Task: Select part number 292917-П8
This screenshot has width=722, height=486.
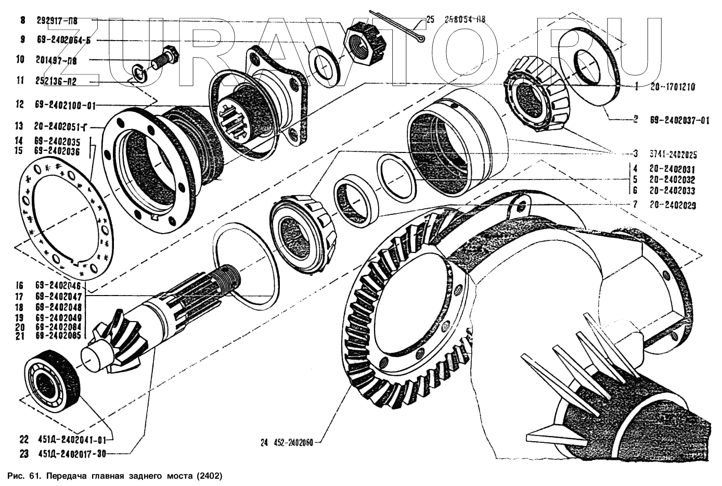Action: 57,21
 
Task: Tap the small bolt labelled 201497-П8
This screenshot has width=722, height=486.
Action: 165,58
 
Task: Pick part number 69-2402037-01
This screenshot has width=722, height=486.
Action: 679,120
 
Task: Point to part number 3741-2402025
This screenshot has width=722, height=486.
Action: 673,155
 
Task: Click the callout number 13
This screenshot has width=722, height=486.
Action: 20,125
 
